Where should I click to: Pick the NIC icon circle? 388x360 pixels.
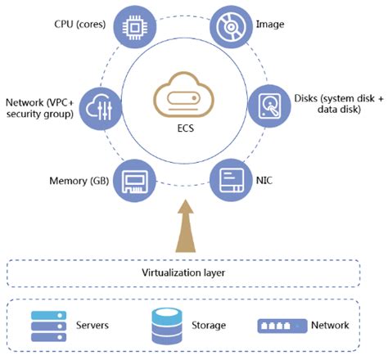pos(231,180)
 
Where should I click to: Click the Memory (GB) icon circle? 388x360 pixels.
pos(133,180)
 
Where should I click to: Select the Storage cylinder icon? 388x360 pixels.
pos(165,325)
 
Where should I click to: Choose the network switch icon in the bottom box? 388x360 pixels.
pos(281,325)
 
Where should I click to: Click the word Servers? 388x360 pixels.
pos(92,326)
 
